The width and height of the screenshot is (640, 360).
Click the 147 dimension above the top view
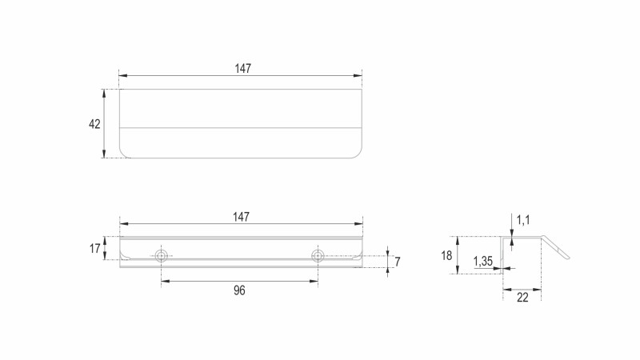243,68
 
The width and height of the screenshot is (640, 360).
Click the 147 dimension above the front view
242,217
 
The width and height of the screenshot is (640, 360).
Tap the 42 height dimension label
94,124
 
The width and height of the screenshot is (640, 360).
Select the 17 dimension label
94,248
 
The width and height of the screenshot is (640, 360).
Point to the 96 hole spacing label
239,290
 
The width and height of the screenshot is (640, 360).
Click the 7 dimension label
398,262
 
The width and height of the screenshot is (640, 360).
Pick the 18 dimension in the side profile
446,255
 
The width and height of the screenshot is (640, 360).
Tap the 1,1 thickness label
523,220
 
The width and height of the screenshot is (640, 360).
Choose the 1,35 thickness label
483,261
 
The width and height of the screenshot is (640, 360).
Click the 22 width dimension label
522,298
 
